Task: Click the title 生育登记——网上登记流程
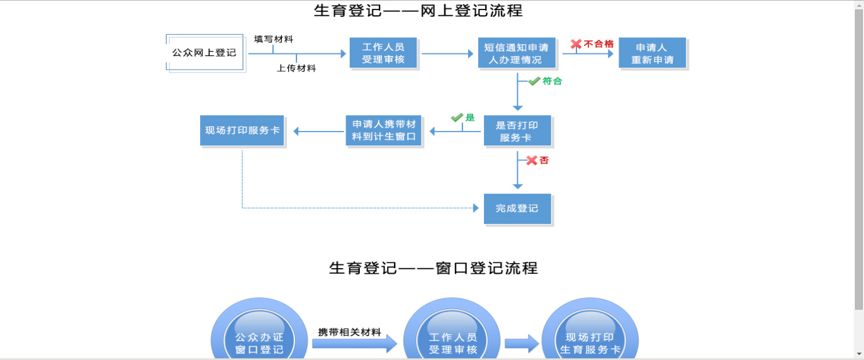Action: point(418,11)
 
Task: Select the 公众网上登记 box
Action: point(205,53)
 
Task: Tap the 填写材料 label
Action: point(274,39)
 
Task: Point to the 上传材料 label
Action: point(296,68)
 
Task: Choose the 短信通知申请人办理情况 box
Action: point(516,53)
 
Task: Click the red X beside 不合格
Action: point(576,44)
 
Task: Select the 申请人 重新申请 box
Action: point(652,53)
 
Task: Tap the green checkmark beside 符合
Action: point(534,81)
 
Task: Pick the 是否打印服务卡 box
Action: point(517,131)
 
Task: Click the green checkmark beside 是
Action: point(457,118)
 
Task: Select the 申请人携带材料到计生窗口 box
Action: point(383,131)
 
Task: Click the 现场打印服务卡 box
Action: point(242,131)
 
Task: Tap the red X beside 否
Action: point(532,160)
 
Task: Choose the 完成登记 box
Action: point(517,208)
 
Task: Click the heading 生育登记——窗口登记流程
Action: point(433,268)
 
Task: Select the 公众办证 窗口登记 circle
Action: point(259,337)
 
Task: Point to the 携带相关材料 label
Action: point(349,332)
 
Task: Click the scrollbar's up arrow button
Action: point(858,5)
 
